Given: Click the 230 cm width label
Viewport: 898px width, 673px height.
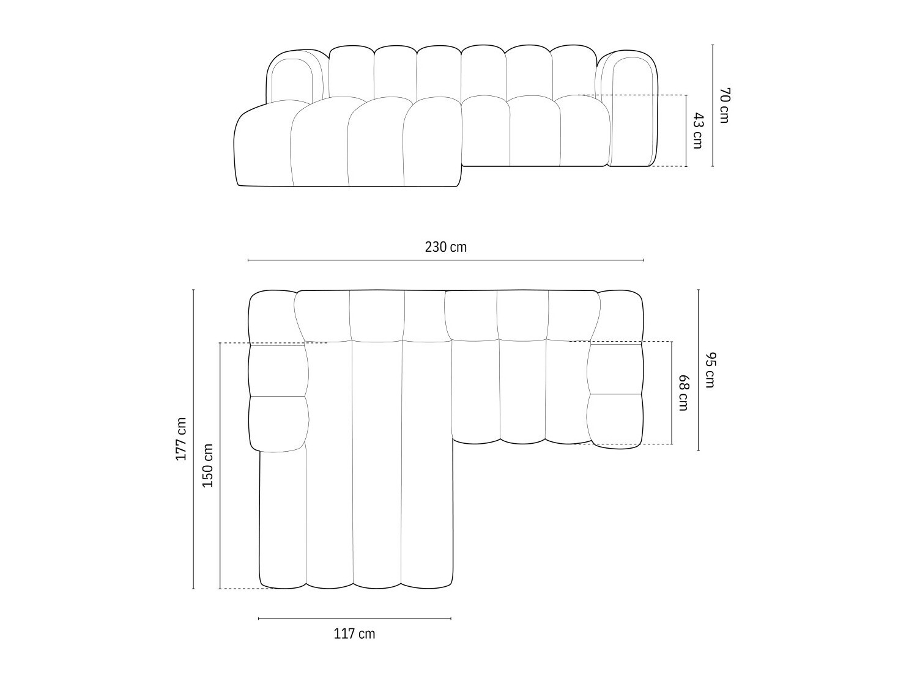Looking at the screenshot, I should point(445,247).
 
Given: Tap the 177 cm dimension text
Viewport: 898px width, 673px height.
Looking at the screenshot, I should point(181,439).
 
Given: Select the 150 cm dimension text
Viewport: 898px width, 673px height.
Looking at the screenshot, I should point(208,465).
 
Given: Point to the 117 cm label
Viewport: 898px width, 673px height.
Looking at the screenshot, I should point(354,634).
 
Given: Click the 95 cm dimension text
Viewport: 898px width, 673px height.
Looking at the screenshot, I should point(710,370).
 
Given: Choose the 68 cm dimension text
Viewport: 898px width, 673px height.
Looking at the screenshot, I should point(683,392).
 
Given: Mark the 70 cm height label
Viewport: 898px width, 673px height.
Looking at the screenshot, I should point(724,105).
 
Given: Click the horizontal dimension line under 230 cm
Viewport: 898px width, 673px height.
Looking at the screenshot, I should point(445,260).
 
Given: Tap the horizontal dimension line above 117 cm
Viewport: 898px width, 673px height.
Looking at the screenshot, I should point(354,619).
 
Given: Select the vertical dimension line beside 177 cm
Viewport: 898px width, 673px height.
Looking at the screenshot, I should point(193,439).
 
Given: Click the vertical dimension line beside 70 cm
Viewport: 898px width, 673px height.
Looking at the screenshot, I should point(713,105).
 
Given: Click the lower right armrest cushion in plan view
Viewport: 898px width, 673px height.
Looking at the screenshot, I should point(615,421).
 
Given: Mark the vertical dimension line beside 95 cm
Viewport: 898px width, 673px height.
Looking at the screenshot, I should point(698,370).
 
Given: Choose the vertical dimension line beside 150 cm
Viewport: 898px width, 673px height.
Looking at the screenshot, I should point(220,465).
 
